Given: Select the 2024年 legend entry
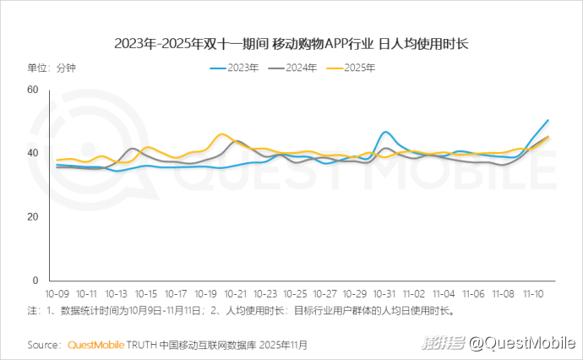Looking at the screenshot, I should (x=292, y=68).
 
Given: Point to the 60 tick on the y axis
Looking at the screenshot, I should (x=33, y=90).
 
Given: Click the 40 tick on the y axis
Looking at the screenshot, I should (x=33, y=153).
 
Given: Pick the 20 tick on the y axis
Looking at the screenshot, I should (x=33, y=217).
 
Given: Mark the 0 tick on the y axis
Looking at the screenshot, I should (x=35, y=281).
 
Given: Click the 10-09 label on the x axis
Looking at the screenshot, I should (x=57, y=293).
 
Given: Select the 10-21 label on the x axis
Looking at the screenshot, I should (x=236, y=293).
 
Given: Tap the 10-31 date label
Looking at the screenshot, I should (x=384, y=293).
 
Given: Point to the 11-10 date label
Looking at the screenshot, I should (x=533, y=293).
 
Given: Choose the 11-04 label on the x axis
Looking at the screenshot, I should (x=444, y=293).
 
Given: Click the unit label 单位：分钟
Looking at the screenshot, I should (x=52, y=68).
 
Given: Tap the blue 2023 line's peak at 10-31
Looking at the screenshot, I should (x=385, y=132).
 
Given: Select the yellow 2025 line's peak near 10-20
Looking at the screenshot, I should (x=223, y=134).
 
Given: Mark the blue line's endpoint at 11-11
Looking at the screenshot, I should (x=548, y=120).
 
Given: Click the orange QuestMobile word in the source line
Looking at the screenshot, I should (x=95, y=345).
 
